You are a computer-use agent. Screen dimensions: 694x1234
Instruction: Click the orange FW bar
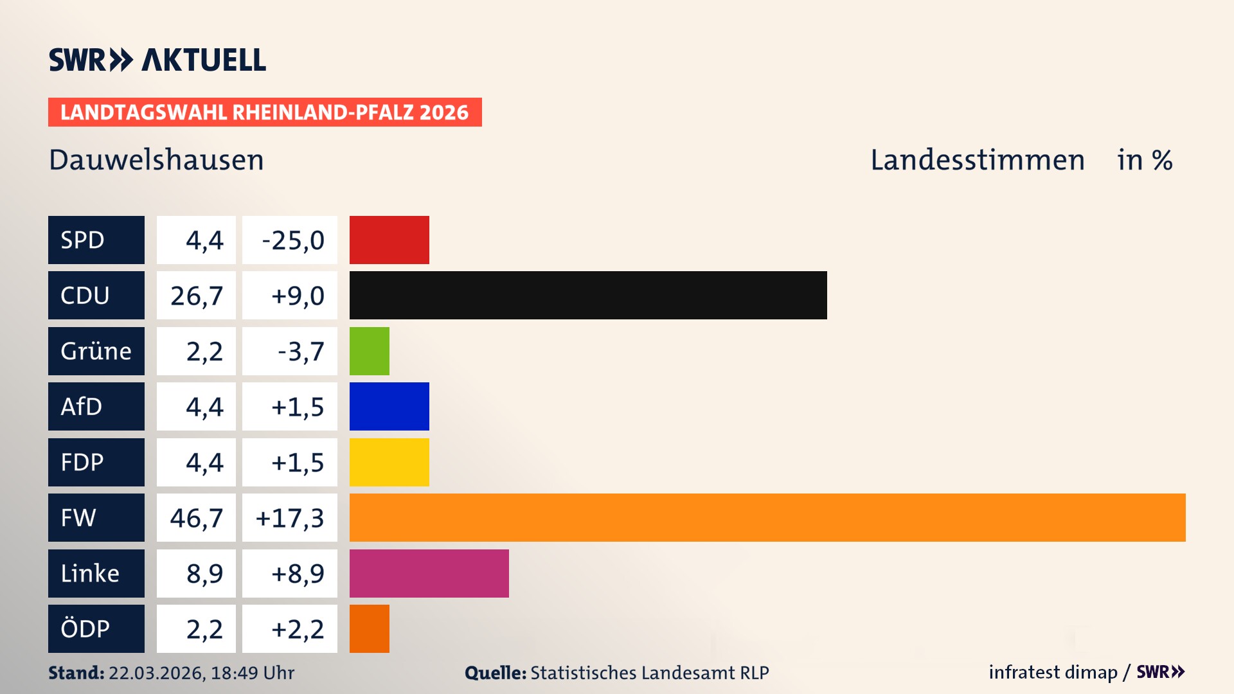(767, 517)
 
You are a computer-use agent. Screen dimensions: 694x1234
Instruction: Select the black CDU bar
(588, 295)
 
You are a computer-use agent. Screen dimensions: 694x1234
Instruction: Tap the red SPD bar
(389, 240)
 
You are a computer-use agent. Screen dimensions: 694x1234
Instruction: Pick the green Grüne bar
(369, 351)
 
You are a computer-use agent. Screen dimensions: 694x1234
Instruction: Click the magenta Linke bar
(429, 573)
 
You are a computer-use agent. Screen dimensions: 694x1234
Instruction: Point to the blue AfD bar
(389, 406)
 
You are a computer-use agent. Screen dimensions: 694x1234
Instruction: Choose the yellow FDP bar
(389, 462)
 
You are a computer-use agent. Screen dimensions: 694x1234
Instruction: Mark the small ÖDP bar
(369, 628)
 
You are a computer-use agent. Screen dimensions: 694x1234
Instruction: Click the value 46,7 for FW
(196, 517)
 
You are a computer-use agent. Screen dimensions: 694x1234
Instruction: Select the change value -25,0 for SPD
(292, 240)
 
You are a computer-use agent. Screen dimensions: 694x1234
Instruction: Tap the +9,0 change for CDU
(297, 296)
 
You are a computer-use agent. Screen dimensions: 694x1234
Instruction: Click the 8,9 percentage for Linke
(204, 573)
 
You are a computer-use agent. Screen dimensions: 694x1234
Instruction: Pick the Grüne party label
(96, 351)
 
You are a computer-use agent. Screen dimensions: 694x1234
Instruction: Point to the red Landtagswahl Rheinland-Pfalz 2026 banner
(264, 112)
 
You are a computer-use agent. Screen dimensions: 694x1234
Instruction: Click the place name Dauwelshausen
(156, 160)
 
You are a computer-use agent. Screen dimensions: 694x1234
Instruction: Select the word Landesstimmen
(977, 160)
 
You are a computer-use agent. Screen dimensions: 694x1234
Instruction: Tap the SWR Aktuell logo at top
(157, 60)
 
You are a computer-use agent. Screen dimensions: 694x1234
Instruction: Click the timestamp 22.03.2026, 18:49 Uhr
(201, 673)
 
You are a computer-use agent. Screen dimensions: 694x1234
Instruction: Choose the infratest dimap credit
(1052, 672)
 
